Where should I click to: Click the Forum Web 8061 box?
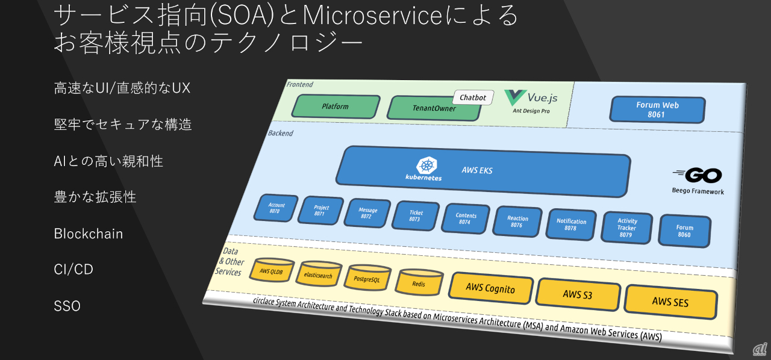pos(657,110)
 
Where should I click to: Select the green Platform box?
pos(336,107)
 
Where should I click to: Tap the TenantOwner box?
pos(434,108)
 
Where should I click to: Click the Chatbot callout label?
pos(473,97)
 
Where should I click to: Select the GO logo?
pos(698,175)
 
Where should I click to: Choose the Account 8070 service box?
pos(276,208)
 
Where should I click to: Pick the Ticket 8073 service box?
pos(416,216)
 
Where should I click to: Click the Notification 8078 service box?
pos(570,225)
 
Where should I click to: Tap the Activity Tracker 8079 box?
pos(626,228)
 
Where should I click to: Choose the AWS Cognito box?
pos(491,288)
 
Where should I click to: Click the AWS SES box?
pos(670,301)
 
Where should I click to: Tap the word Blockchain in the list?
pos(89,234)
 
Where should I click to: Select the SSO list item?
pos(67,306)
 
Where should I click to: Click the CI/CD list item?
pos(74,269)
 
